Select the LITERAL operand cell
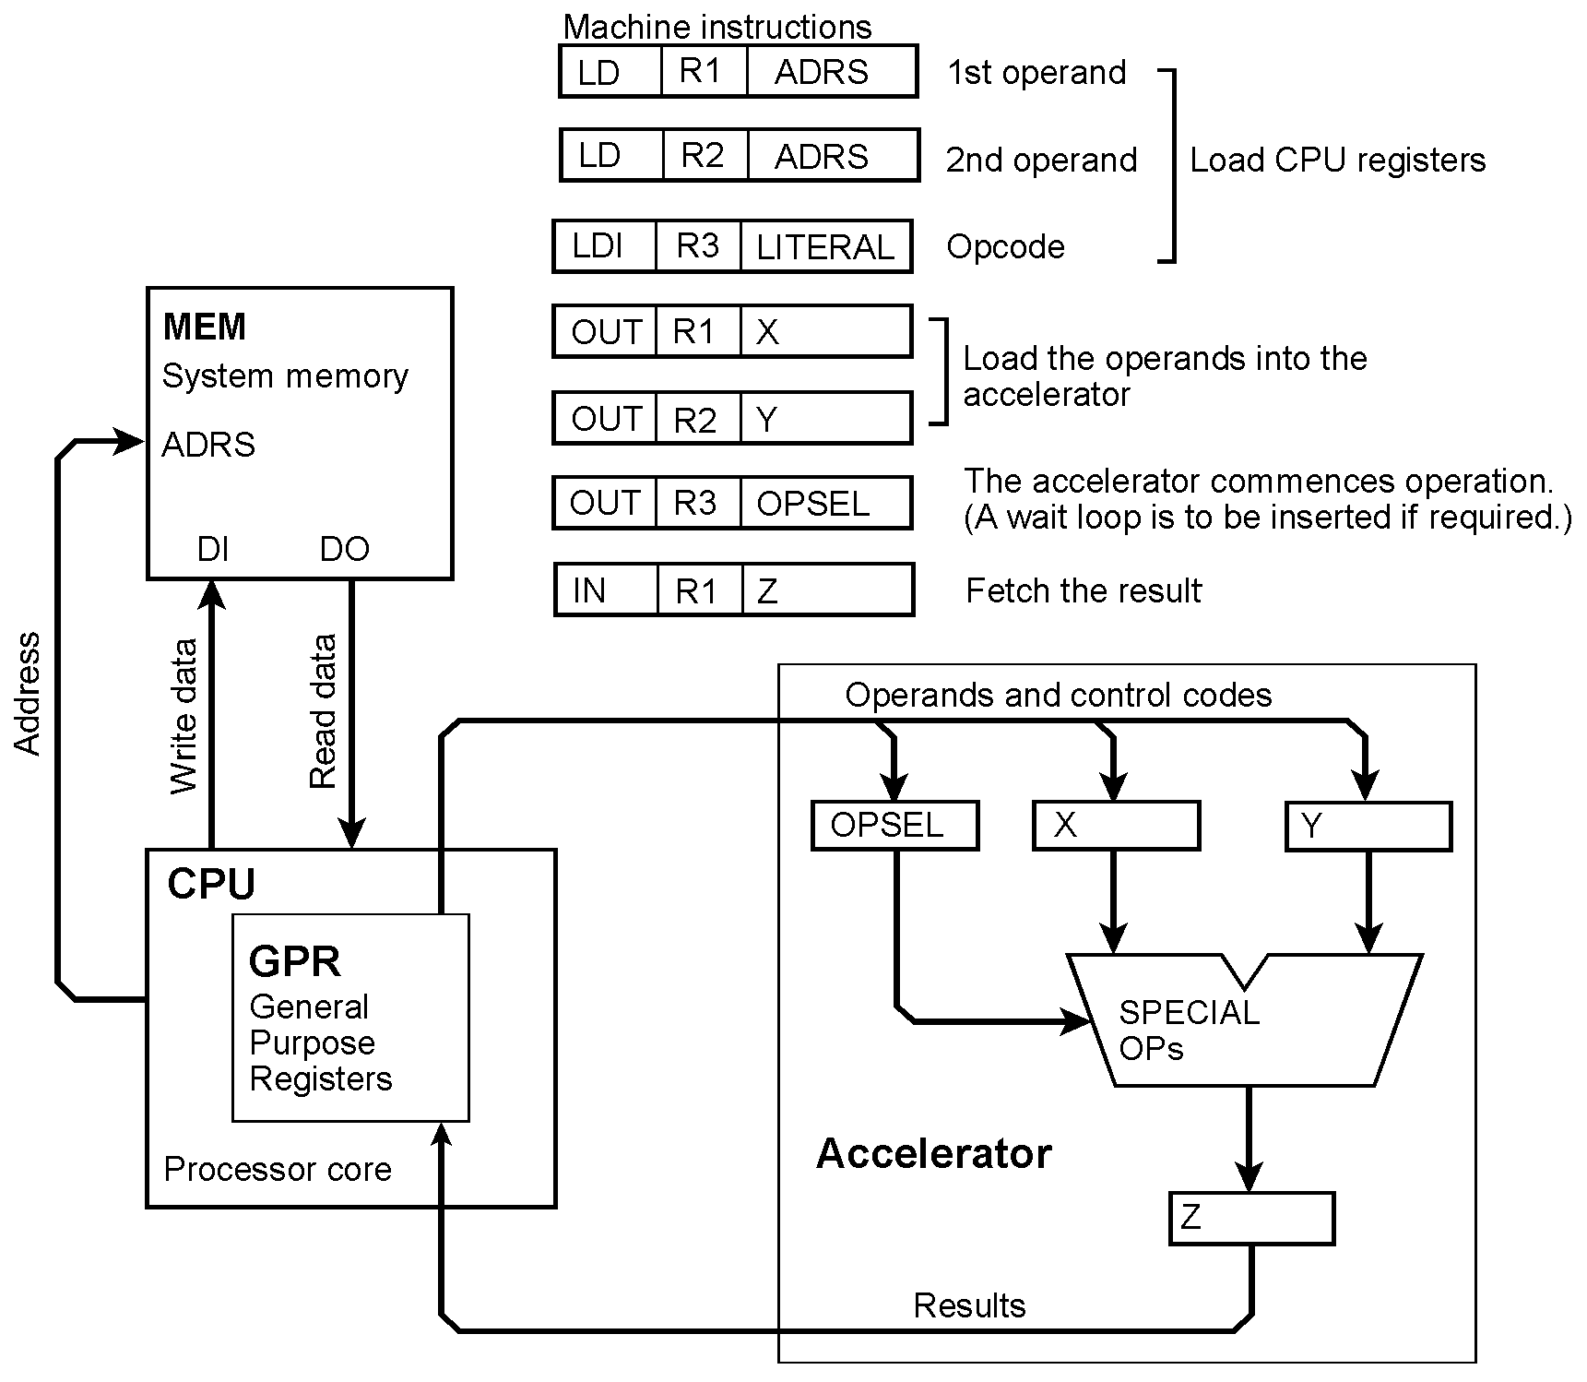tap(825, 246)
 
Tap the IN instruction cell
tap(606, 590)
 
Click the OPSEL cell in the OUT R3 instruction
tap(825, 503)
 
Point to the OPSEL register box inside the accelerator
tap(894, 825)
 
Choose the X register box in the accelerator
tap(1116, 825)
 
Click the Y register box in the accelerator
tap(1368, 826)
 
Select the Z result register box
tap(1250, 1218)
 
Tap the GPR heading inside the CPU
tap(295, 961)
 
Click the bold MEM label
tap(205, 327)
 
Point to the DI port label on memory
tap(213, 550)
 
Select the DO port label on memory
tap(344, 550)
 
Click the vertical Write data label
tap(184, 716)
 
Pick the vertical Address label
tap(28, 694)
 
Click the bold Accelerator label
tap(933, 1154)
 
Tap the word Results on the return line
tap(969, 1305)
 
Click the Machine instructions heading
tap(717, 27)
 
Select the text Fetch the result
tap(1083, 590)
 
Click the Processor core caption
tap(277, 1170)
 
